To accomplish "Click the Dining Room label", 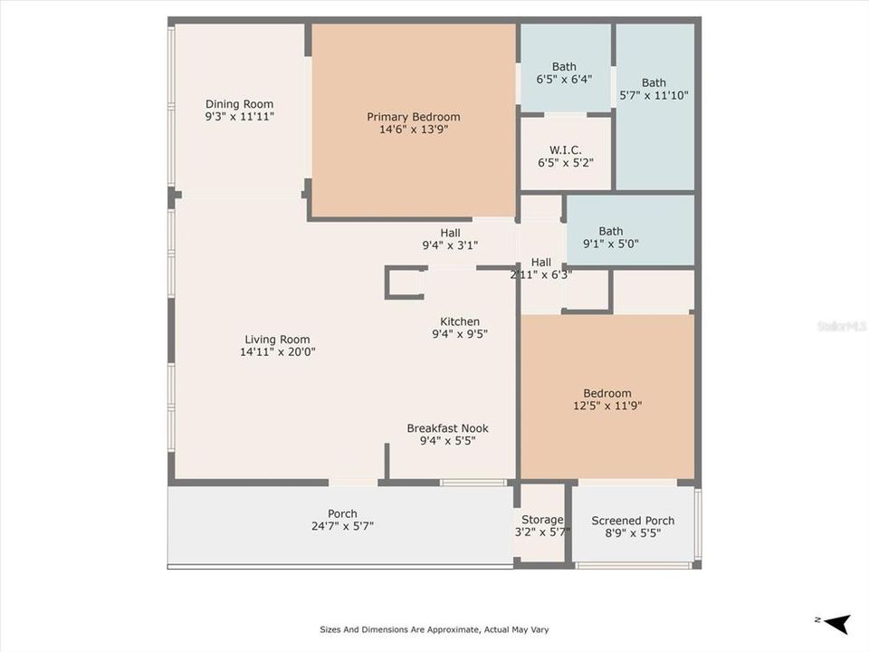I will pos(239,104).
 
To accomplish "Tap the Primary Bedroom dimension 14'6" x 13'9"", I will pos(413,129).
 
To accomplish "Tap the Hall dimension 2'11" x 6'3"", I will pos(540,275).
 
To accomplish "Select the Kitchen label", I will pos(460,321).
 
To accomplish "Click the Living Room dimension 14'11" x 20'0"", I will pos(277,352).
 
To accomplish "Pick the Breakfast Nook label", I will pos(447,428).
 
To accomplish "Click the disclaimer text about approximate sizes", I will pos(434,629).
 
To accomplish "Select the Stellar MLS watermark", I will pos(841,325).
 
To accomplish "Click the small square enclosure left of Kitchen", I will pos(404,283).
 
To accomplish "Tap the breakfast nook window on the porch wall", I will pos(473,483).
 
